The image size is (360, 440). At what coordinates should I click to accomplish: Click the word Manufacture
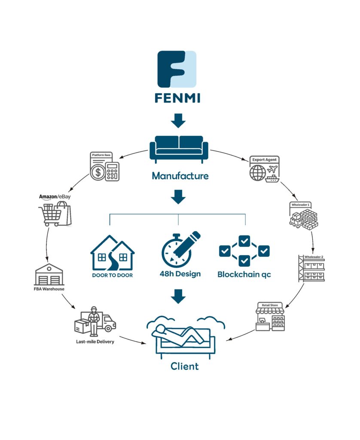pos(180,176)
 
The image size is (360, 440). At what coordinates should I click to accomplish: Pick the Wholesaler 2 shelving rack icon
pos(311,269)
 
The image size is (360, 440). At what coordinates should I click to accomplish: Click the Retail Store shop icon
pos(270,317)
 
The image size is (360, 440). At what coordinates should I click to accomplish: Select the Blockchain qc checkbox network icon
pos(244,251)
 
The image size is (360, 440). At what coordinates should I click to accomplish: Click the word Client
pos(185,367)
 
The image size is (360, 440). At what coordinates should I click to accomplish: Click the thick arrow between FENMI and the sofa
pos(178,120)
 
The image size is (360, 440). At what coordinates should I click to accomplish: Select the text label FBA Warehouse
pos(49,289)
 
